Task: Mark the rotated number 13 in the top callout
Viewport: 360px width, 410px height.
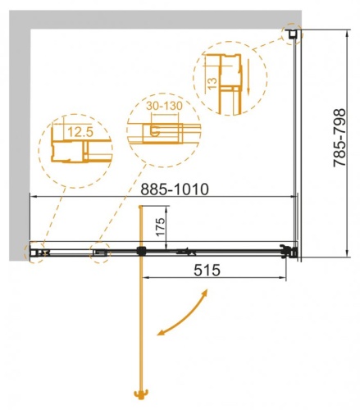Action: pos(212,82)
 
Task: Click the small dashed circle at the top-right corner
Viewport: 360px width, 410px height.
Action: pos(292,34)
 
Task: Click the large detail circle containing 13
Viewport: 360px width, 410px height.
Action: pos(225,77)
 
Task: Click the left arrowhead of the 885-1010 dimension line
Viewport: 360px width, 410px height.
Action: pos(34,197)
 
